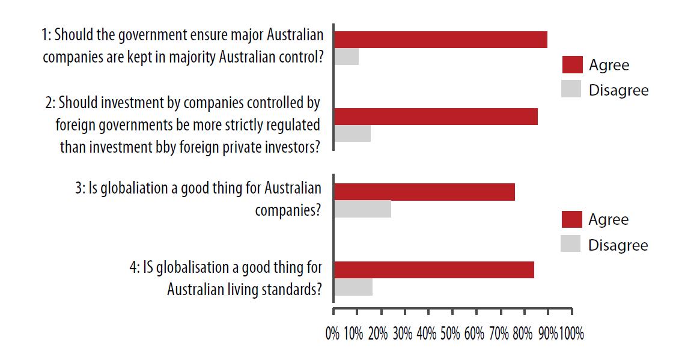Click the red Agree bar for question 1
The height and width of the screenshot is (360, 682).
pyautogui.click(x=440, y=40)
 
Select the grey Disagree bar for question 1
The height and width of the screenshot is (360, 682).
pyautogui.click(x=346, y=56)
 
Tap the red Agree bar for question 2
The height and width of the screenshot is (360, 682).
pyautogui.click(x=436, y=117)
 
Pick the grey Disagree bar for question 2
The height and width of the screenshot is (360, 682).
pyautogui.click(x=352, y=133)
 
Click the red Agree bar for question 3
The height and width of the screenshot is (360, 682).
pyautogui.click(x=424, y=192)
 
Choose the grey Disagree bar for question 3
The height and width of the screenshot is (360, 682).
pyautogui.click(x=362, y=209)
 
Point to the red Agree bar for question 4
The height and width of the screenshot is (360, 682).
pyautogui.click(x=434, y=270)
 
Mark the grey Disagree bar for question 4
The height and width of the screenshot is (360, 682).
pyautogui.click(x=353, y=287)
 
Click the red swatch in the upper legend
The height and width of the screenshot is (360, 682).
pyautogui.click(x=572, y=65)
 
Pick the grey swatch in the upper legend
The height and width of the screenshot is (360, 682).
pyautogui.click(x=572, y=90)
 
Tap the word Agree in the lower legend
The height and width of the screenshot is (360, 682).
pyautogui.click(x=609, y=219)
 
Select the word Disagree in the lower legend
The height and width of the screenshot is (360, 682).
pyautogui.click(x=618, y=245)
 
